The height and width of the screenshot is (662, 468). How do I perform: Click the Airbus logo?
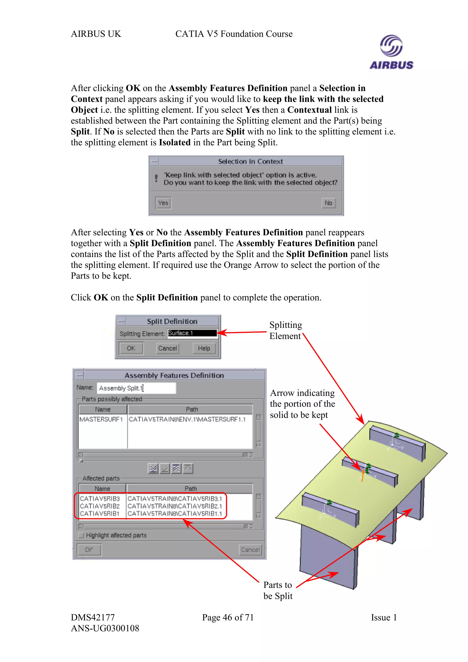coord(391,52)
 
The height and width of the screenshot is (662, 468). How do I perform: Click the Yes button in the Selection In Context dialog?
coord(163,203)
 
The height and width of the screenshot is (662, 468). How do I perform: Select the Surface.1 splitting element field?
coord(192,333)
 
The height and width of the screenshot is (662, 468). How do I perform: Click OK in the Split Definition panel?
coord(131,348)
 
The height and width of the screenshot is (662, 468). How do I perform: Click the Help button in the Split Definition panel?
coord(204,348)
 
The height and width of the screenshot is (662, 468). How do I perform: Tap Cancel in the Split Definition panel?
coord(167,348)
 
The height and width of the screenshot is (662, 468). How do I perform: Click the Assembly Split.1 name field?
coord(136,388)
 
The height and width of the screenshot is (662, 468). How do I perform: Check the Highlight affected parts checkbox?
coord(81,535)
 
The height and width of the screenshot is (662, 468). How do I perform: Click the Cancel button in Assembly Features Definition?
coord(250,550)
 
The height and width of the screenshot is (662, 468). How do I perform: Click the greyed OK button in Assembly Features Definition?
coord(89,550)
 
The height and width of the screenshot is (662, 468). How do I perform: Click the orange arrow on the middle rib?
coord(362,475)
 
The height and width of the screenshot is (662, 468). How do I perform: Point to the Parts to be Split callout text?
coord(278,590)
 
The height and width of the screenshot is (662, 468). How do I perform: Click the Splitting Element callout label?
coord(285,330)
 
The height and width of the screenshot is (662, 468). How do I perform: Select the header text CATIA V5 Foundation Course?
coord(234,34)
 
